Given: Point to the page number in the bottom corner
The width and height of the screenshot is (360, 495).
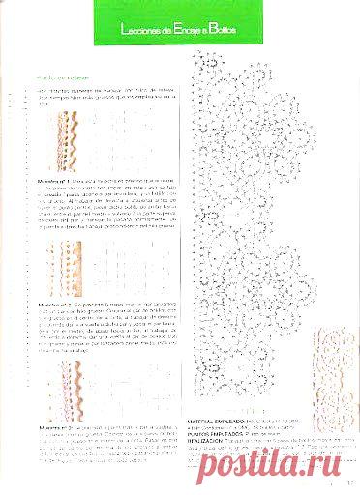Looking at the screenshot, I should click(349, 473).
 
